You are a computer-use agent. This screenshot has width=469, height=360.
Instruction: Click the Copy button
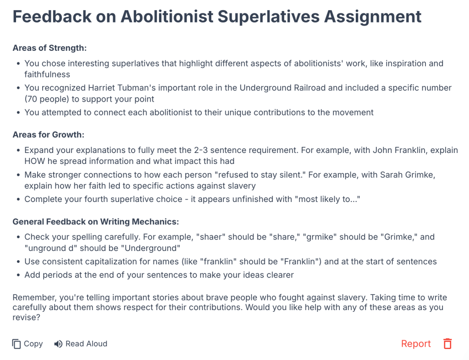coord(28,344)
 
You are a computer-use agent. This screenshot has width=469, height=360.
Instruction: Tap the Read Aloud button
coord(81,344)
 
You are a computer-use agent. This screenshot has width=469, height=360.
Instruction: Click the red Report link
coord(416,344)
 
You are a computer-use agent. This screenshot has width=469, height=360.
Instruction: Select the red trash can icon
coord(447,344)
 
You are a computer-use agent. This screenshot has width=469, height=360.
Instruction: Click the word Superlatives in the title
coord(269,17)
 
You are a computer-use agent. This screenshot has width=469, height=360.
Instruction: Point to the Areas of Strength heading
coord(50,48)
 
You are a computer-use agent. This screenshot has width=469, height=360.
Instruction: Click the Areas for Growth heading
coord(49,135)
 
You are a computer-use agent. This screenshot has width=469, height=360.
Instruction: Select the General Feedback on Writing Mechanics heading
coord(96,222)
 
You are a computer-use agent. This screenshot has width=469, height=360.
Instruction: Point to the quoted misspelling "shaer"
coord(210,237)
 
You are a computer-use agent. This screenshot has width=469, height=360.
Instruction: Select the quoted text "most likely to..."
coord(327,199)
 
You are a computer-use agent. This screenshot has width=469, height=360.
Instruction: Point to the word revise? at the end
coord(26,317)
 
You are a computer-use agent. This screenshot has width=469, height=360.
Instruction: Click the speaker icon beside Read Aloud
coord(58,344)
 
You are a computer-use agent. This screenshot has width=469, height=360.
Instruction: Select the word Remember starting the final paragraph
coord(34,298)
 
